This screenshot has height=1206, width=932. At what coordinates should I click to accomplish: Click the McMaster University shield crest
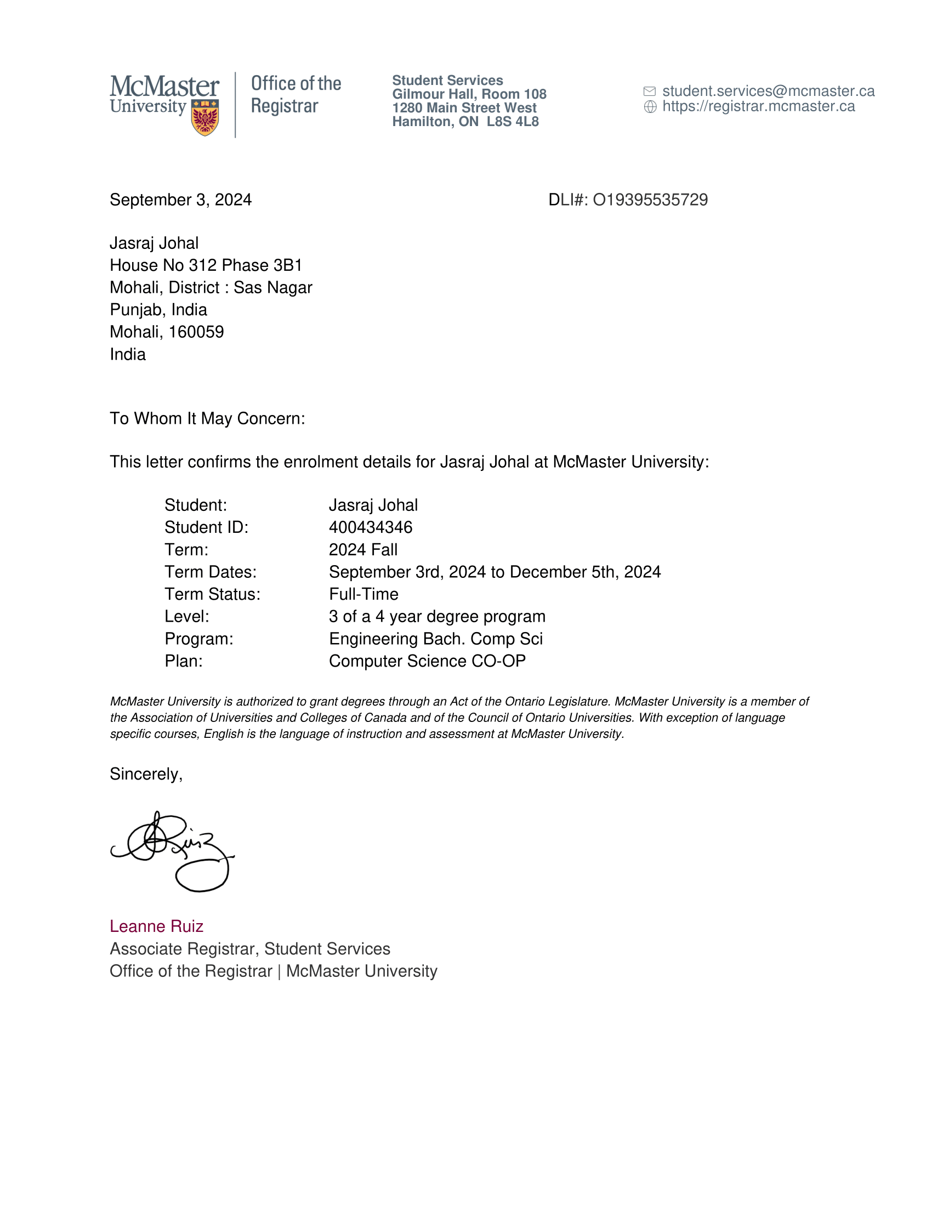tap(204, 117)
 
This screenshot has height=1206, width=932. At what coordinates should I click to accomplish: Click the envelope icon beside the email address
tap(649, 91)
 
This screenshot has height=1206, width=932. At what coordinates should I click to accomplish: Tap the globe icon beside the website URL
tap(650, 106)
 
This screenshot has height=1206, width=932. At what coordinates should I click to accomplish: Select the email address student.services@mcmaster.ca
tap(768, 91)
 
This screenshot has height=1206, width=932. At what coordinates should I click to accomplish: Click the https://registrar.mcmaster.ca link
tap(758, 106)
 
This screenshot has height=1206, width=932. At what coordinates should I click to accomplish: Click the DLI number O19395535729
tap(650, 200)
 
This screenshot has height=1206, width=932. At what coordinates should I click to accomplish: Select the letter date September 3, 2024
tap(180, 200)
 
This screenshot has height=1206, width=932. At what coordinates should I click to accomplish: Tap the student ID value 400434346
tap(371, 527)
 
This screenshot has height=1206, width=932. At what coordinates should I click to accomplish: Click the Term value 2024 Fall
tap(363, 549)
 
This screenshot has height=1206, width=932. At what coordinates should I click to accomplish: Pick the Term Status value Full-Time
tap(363, 594)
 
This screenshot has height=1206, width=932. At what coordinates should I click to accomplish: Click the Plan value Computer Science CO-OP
tap(427, 661)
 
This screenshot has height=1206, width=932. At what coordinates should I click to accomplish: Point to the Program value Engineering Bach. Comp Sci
tap(436, 639)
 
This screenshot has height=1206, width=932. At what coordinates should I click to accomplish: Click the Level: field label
tap(186, 616)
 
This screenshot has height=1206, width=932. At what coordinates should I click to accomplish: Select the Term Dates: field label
tap(211, 572)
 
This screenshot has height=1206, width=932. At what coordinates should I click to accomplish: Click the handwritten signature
tap(172, 851)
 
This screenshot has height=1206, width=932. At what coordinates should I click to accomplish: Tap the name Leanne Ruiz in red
tap(156, 926)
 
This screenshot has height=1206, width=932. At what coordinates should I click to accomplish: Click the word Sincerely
tap(145, 774)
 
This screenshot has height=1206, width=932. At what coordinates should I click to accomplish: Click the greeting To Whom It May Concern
tap(207, 419)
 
